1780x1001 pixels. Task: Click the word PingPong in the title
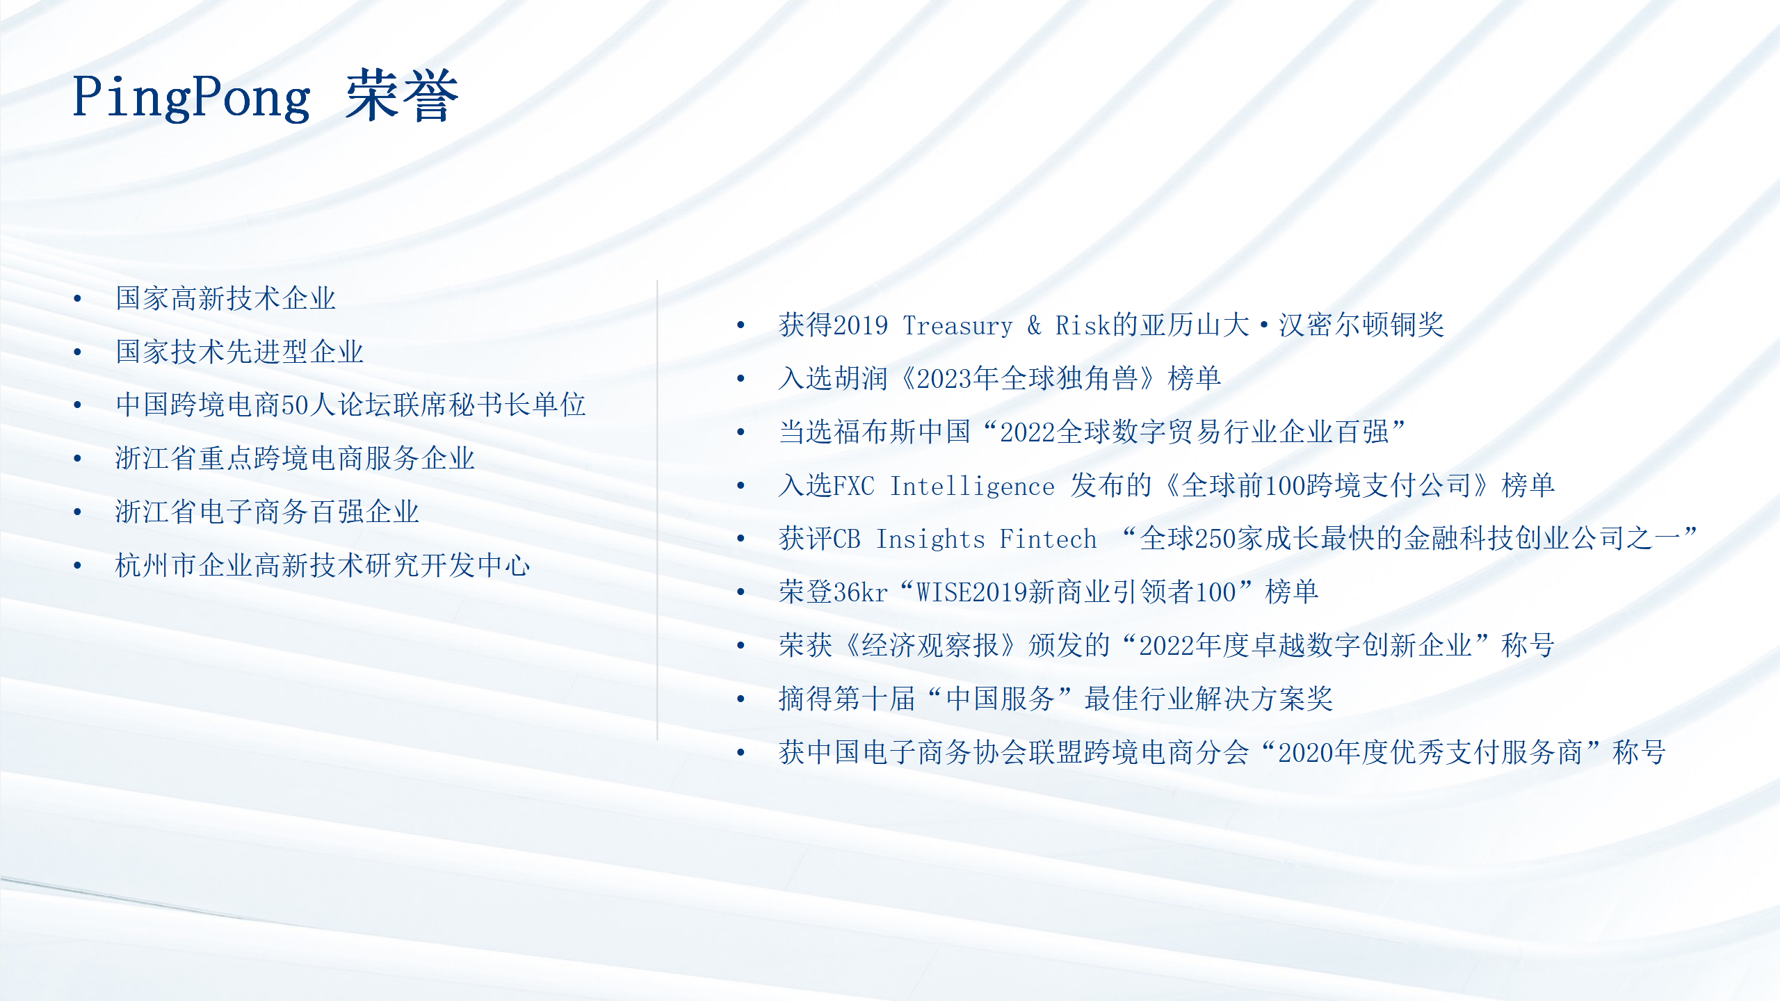tap(191, 98)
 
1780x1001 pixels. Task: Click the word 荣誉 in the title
tap(403, 96)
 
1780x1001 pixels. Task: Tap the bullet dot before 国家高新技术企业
tap(77, 299)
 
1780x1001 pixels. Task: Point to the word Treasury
tap(957, 325)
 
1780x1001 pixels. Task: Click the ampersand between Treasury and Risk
tap(1034, 325)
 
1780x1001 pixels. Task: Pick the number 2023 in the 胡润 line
tap(944, 379)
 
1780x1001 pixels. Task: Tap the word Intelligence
tap(972, 486)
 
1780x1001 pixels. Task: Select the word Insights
tap(930, 539)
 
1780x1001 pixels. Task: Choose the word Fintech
tap(1048, 539)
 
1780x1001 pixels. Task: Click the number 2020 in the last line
tap(1306, 753)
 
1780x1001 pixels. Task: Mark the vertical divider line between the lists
tap(657, 510)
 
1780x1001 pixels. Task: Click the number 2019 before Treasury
tap(860, 325)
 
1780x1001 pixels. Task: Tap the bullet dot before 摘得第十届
tap(741, 699)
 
